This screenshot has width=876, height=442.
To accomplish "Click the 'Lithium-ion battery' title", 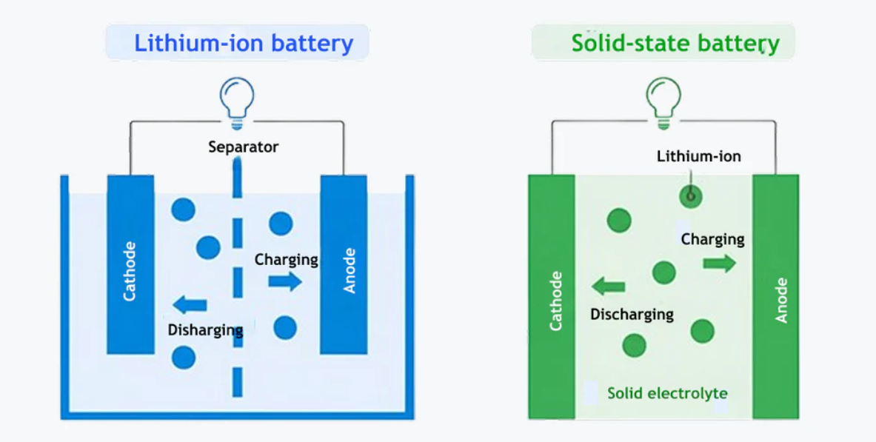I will (x=243, y=43).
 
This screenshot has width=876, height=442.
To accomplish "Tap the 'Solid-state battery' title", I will (x=675, y=43).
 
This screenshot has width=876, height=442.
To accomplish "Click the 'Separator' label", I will (x=243, y=147).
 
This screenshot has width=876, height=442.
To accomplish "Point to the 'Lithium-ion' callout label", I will (x=698, y=156).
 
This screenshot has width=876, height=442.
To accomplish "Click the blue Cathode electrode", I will (x=130, y=264).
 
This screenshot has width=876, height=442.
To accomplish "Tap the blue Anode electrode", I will (x=344, y=264).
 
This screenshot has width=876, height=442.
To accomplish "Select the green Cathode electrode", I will (x=552, y=296).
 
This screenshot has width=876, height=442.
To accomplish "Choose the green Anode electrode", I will (x=776, y=296).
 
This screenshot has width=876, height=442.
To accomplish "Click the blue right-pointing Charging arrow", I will (x=285, y=281).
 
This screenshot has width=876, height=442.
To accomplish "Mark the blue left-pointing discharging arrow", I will (x=190, y=304).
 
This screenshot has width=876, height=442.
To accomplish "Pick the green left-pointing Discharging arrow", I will (x=609, y=286).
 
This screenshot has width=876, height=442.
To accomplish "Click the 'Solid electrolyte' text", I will (x=667, y=393).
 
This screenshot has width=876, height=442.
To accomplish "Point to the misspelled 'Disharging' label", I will (x=205, y=329).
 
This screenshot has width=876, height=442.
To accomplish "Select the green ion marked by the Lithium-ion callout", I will (x=691, y=196).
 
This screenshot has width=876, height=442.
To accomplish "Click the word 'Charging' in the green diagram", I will (x=712, y=239).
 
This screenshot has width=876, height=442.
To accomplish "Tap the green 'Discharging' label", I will (x=632, y=314).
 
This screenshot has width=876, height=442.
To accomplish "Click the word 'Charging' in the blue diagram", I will (x=286, y=259).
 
